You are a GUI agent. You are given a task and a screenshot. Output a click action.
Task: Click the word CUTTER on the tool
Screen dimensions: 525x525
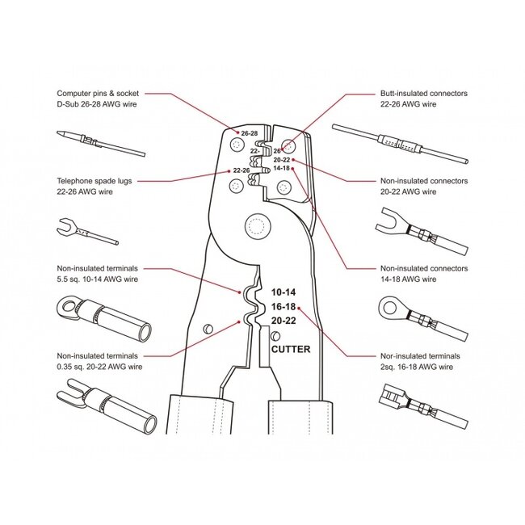[x=288, y=350]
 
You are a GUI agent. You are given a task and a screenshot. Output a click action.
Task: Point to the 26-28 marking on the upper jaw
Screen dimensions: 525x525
[x=249, y=132]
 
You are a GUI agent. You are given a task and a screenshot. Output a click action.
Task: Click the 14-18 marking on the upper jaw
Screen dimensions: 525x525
[x=281, y=168]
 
